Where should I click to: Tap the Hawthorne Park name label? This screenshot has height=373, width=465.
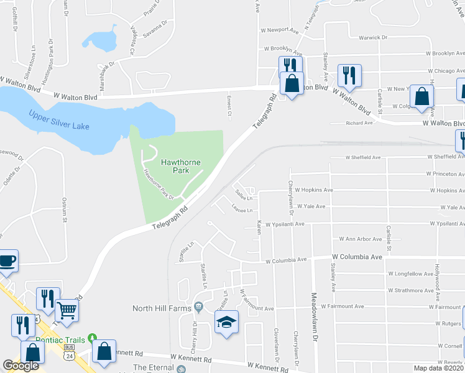[181, 166]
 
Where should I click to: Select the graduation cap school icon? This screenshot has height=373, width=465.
[226, 322]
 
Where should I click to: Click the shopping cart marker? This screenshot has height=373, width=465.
[67, 310]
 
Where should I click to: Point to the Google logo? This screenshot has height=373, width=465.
[21, 366]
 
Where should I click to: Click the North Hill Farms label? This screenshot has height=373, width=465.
[162, 307]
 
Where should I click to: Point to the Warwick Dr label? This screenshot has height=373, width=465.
[374, 37]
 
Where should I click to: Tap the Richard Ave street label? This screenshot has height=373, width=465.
[359, 123]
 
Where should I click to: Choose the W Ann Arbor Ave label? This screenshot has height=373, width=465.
[360, 239]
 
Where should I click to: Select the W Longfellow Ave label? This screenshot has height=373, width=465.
[410, 274]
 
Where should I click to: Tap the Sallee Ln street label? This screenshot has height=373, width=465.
[242, 198]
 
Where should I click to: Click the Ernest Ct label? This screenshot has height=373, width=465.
[229, 106]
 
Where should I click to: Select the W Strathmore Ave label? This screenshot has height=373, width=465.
[410, 290]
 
